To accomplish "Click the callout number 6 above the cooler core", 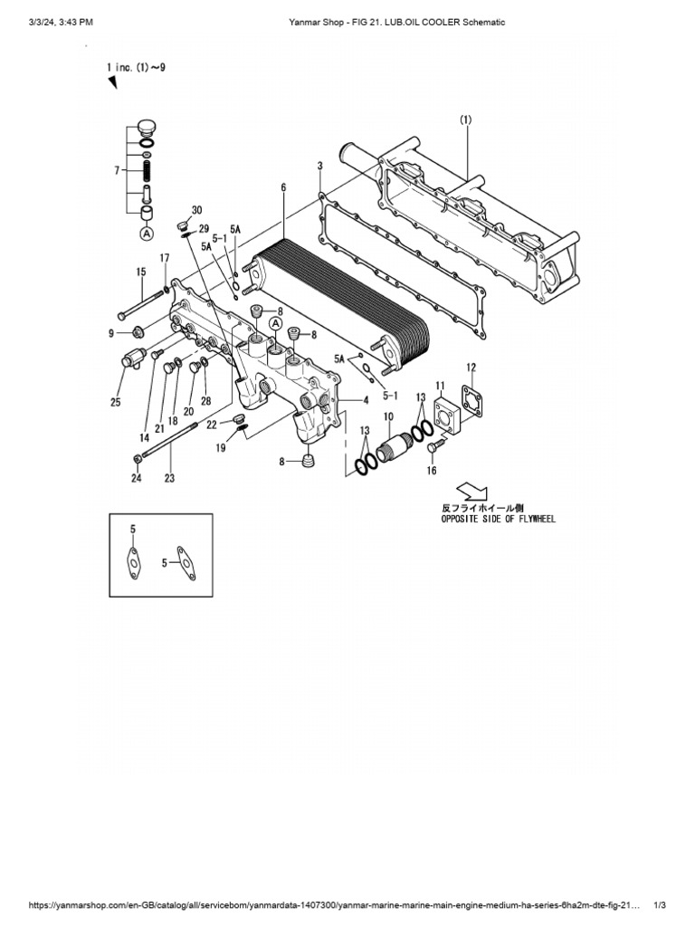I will tap(283, 187).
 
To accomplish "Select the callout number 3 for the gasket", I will tap(320, 166).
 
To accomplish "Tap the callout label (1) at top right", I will tap(465, 119).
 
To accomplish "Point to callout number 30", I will tap(196, 210).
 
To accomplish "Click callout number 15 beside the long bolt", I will tap(141, 272).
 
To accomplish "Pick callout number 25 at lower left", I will tap(116, 402).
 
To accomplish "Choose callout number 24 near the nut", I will tap(137, 478).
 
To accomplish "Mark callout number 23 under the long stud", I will tap(169, 478).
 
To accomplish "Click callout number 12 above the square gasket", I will tap(471, 367).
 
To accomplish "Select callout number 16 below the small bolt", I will tap(432, 471).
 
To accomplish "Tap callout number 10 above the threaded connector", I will tap(387, 416).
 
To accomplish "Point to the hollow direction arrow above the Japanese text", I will tap(471, 491).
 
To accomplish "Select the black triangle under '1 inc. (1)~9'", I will tap(113, 83).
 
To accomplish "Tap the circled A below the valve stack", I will tap(145, 234).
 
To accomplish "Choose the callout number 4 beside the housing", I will tap(366, 399).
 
